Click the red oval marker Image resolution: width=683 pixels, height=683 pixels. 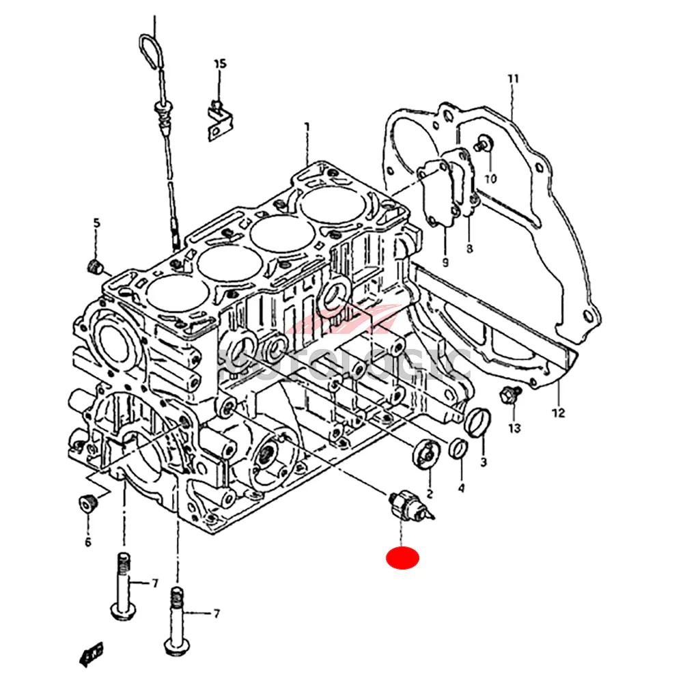[x=402, y=558]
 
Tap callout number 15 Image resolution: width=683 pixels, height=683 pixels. [x=219, y=64]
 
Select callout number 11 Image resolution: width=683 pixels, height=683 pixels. [x=513, y=79]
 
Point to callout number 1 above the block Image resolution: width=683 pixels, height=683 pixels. [x=307, y=126]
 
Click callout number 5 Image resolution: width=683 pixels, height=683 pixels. [x=96, y=223]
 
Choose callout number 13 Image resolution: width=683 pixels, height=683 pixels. [x=514, y=428]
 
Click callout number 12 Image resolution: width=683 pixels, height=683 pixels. [x=559, y=413]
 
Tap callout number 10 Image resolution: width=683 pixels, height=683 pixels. [x=491, y=179]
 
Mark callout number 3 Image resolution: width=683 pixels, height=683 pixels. [x=483, y=462]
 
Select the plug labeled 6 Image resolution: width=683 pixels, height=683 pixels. [x=87, y=503]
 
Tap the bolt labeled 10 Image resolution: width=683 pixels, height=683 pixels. [x=486, y=144]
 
